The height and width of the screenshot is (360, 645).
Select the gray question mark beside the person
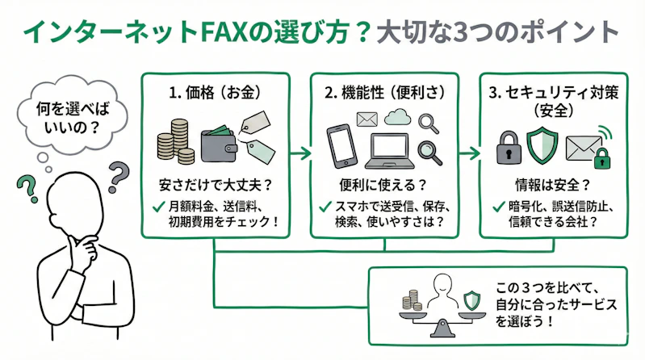pyautogui.click(x=119, y=173)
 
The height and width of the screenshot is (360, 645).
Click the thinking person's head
pyautogui.click(x=73, y=198)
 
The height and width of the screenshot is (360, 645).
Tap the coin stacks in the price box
pyautogui.click(x=173, y=140)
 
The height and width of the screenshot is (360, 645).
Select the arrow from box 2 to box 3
pyautogui.click(x=468, y=151)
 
